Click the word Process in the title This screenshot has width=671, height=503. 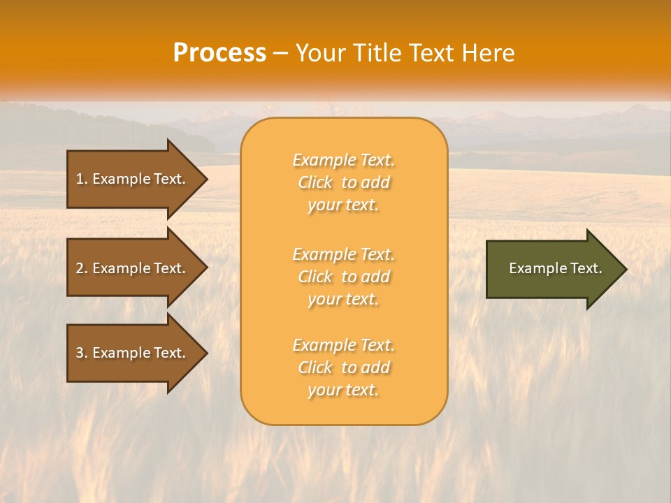[x=219, y=53]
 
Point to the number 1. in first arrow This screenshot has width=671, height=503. [x=81, y=179]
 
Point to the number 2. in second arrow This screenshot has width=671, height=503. [x=81, y=268]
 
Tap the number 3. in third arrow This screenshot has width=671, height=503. [x=81, y=353]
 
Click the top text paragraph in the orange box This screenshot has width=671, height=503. [x=343, y=182]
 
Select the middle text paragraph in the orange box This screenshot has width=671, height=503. [x=343, y=277]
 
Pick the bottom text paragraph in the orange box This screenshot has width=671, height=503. [x=343, y=367]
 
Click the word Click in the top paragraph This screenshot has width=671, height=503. [x=315, y=182]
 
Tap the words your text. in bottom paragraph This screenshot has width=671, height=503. [x=343, y=390]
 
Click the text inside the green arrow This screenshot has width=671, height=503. [x=555, y=268]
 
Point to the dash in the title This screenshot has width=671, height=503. [x=280, y=54]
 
